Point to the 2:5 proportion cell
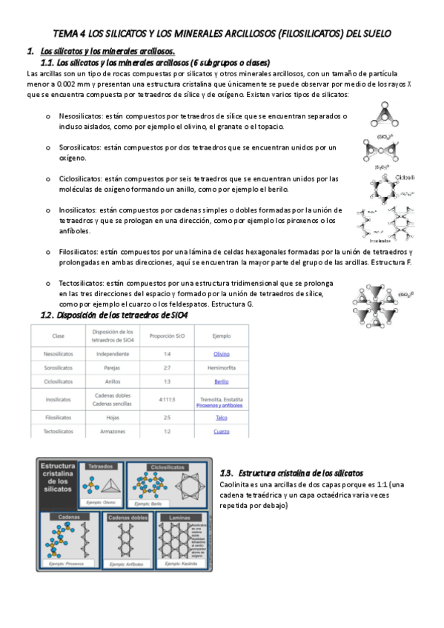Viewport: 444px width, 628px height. (x=168, y=418)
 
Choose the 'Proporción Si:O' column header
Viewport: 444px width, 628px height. (x=168, y=335)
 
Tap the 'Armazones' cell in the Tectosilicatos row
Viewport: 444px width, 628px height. (x=113, y=431)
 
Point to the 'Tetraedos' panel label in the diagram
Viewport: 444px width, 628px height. (x=101, y=467)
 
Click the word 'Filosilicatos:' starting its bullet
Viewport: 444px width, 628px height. (x=81, y=253)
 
